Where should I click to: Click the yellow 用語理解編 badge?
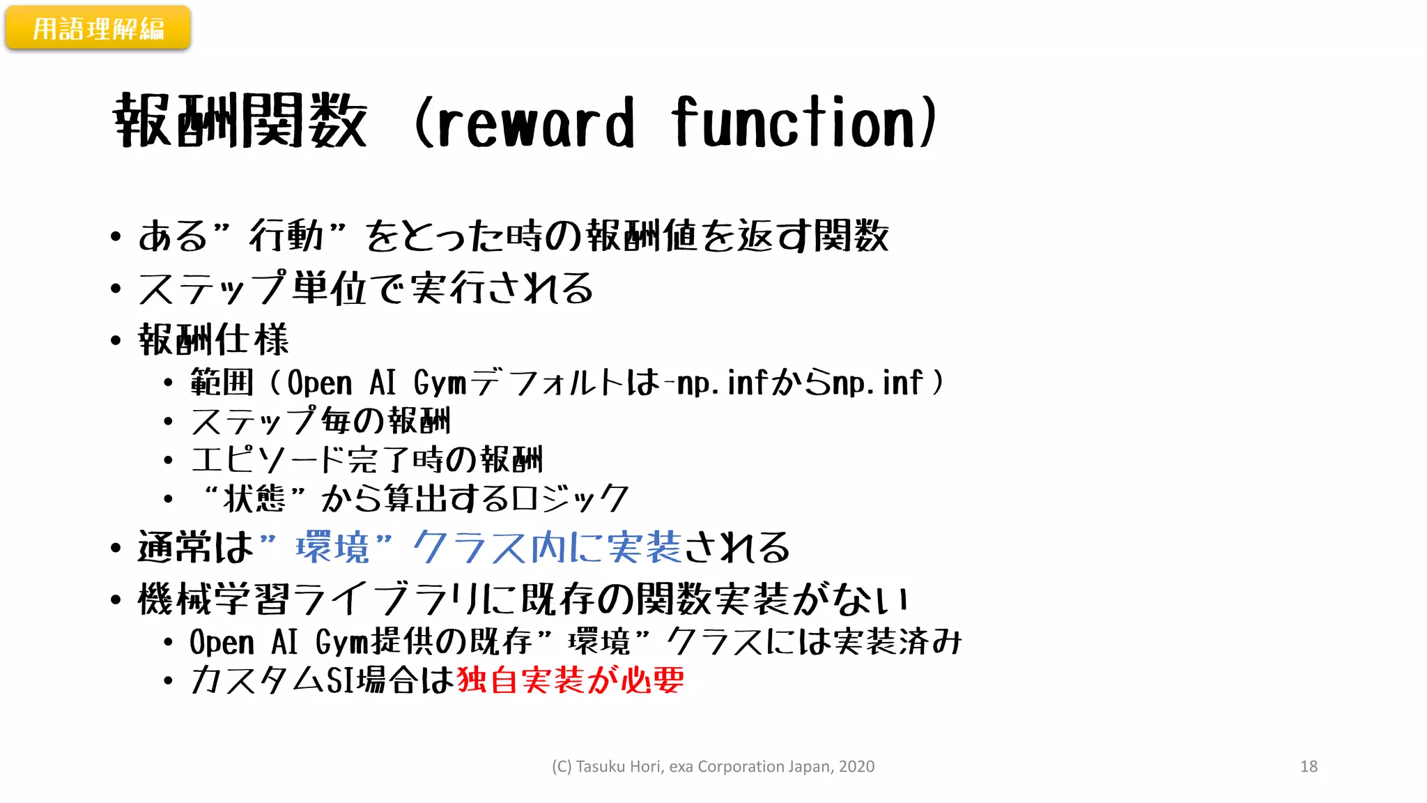[98, 29]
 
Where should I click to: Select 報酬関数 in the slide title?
[240, 121]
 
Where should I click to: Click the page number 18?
[1309, 766]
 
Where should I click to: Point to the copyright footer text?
[713, 766]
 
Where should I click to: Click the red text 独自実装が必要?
[570, 680]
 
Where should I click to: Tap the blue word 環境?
[332, 547]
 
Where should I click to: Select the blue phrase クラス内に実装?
[546, 547]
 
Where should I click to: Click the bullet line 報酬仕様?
[213, 340]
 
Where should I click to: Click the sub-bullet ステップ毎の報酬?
[321, 421]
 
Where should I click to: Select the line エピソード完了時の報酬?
[367, 460]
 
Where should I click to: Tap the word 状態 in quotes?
[254, 498]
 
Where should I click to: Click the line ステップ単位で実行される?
[365, 289]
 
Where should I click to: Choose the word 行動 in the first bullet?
[286, 236]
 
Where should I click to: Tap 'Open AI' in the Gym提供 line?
[244, 642]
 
